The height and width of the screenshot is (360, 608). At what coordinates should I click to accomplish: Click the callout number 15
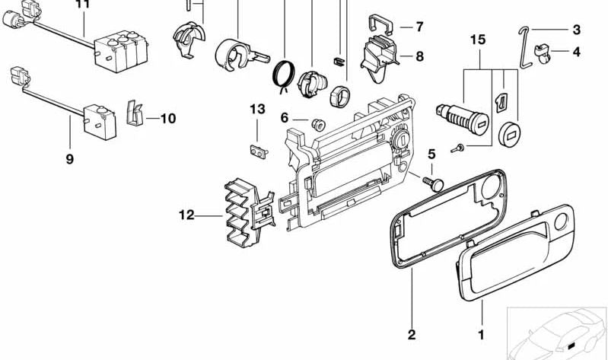(x=477, y=40)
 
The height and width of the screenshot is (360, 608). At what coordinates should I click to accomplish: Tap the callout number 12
(x=187, y=215)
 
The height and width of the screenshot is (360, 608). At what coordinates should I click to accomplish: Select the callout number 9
(x=69, y=159)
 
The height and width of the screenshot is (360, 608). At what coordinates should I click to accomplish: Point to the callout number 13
(x=257, y=110)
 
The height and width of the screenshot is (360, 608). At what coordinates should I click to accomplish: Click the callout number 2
(x=411, y=334)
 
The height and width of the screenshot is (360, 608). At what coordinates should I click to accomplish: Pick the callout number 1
(x=480, y=334)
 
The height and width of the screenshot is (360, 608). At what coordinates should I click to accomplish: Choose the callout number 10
(x=167, y=119)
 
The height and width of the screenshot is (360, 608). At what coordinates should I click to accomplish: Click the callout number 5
(x=431, y=155)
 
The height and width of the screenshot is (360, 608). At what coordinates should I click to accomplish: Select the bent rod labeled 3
(x=524, y=46)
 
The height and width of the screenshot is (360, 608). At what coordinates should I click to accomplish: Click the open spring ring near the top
(x=285, y=75)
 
